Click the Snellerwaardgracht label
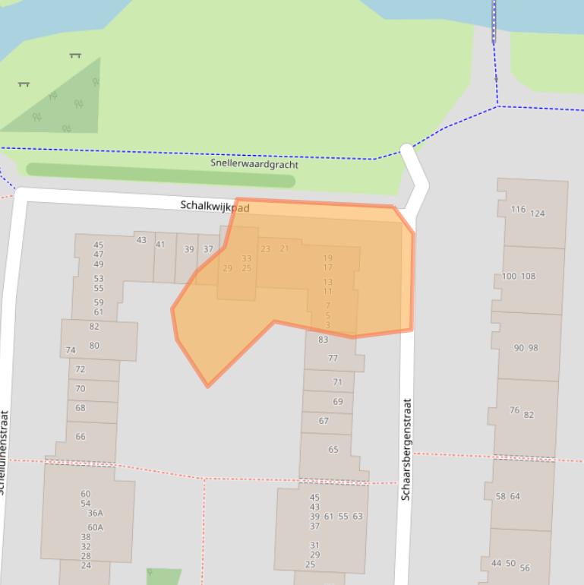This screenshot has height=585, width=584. pos(254,164)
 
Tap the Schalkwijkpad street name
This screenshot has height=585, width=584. pos(215,206)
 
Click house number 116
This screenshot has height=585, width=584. pos(518,210)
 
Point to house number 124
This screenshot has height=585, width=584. pos(537,213)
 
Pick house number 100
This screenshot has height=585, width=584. pos(509,276)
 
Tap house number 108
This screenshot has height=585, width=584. pos(528,276)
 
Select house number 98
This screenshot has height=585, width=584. pos(532,348)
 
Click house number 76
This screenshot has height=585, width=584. pos(514,410)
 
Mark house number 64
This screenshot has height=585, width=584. pos(514,497)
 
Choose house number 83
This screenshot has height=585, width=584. pos(323,340)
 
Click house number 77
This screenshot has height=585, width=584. pos(333,359)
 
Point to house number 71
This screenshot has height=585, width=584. pos(337,382)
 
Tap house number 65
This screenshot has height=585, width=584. pos(333,450)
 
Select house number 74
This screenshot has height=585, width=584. pos(71,350)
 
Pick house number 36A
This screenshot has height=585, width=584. pos(95,513)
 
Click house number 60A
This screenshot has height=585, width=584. pos(95,527)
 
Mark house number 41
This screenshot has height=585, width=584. pos(160,245)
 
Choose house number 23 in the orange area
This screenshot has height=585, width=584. pos(265,248)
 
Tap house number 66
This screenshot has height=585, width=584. pos(80,436)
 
